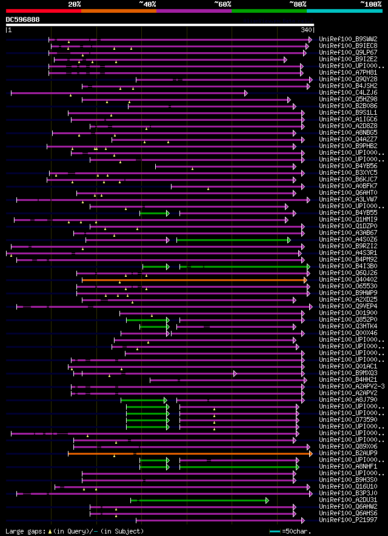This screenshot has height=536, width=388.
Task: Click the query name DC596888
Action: (22, 19)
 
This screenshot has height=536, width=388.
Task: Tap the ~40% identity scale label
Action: (147, 4)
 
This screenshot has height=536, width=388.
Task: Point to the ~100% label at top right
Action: (370, 4)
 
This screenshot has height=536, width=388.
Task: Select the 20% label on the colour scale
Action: (75, 4)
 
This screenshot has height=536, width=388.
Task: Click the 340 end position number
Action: (306, 29)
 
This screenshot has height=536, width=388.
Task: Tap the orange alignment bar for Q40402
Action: (194, 280)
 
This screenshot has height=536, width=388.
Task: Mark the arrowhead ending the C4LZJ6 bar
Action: (246, 93)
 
